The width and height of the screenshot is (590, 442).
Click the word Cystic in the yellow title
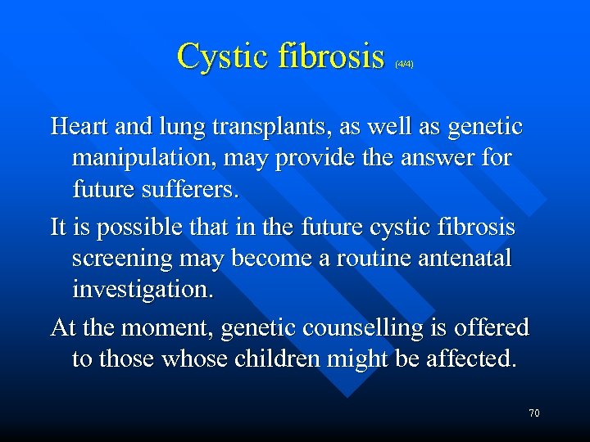(x=223, y=57)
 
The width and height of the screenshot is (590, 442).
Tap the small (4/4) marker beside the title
(x=404, y=63)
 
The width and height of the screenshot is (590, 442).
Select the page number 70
(x=534, y=413)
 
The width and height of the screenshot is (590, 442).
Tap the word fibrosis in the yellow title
(x=333, y=57)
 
